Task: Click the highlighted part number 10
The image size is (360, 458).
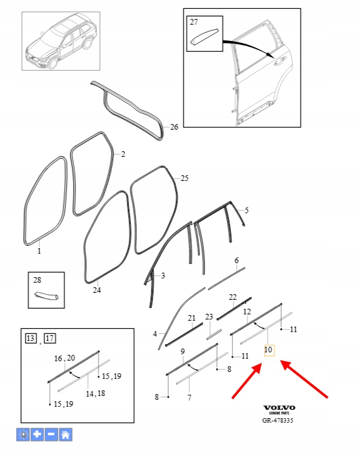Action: tap(268, 350)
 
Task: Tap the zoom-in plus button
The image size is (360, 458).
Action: tap(37, 435)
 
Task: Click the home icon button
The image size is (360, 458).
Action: tap(65, 435)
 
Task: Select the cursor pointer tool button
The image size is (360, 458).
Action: tap(23, 435)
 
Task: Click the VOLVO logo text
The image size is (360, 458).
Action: tap(279, 408)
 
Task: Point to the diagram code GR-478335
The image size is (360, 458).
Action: tap(278, 420)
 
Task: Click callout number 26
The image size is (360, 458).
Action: tap(174, 127)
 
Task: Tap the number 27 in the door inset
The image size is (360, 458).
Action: tap(194, 22)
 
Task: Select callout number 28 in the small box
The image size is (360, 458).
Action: tap(37, 280)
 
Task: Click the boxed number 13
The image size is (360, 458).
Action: tap(30, 338)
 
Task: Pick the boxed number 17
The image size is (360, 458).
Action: tap(50, 338)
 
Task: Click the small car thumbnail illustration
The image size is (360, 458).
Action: tap(61, 41)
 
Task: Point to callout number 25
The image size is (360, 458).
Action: tap(184, 178)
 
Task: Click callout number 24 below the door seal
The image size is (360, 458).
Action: tap(97, 290)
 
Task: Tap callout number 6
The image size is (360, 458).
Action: tap(237, 260)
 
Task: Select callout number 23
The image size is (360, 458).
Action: tap(209, 317)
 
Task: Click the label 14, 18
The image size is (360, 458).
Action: tap(96, 393)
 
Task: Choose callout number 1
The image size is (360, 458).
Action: tap(39, 251)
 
